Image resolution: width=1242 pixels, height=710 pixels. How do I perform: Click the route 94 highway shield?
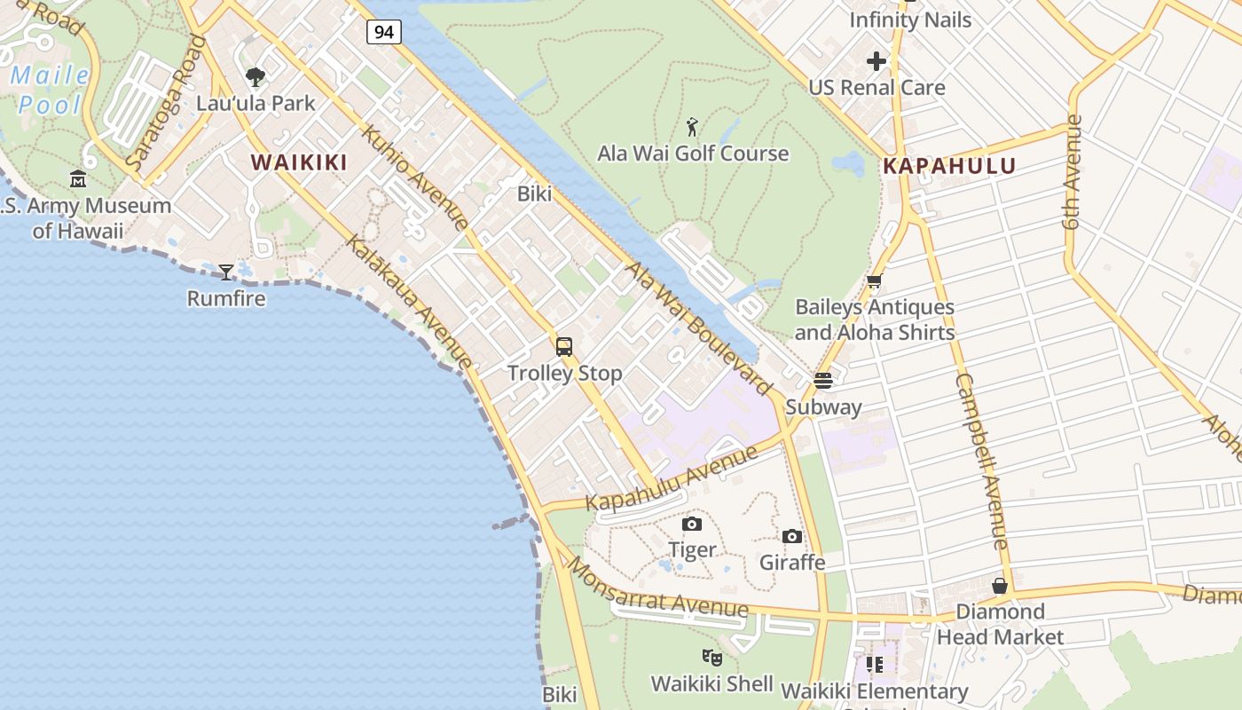click(383, 33)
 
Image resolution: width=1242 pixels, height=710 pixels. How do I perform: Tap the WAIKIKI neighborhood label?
click(298, 162)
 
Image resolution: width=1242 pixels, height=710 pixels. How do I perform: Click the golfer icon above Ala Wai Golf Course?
click(692, 127)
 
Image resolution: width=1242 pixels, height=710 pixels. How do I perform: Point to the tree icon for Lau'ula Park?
click(255, 77)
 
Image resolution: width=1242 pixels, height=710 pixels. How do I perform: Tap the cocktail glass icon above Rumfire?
click(226, 272)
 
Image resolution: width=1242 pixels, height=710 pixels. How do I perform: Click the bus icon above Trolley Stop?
click(564, 347)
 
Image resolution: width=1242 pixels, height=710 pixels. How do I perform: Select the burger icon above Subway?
click(823, 381)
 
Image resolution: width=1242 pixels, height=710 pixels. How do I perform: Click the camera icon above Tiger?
click(692, 524)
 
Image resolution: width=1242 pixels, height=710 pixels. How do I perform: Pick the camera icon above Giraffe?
click(792, 536)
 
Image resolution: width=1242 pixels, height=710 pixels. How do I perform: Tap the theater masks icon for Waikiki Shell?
click(711, 658)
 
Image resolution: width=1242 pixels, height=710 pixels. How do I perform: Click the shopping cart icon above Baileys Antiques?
click(874, 281)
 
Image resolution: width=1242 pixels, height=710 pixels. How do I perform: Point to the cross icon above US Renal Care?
click(876, 61)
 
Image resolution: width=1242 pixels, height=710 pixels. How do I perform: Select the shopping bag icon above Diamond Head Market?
click(1000, 586)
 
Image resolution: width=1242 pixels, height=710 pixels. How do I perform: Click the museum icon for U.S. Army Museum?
click(78, 179)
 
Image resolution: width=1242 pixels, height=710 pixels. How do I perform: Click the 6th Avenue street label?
click(1073, 172)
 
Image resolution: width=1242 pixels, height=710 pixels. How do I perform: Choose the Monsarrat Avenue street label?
click(657, 588)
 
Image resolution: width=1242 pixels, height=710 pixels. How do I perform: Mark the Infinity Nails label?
click(910, 20)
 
